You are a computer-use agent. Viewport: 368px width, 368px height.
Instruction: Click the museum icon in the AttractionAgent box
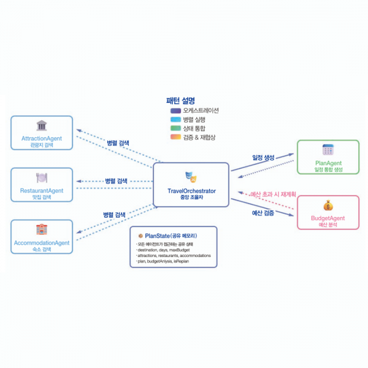pos(42,126)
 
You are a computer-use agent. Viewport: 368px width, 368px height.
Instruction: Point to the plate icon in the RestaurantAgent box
pos(42,177)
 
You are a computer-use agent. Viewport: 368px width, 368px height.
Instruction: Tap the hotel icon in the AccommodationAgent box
pos(42,230)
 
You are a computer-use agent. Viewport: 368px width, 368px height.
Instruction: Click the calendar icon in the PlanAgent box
pos(328,149)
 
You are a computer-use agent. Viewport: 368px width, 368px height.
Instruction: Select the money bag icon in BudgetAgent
pos(328,206)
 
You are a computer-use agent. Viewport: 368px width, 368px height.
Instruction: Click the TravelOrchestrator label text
pos(191,191)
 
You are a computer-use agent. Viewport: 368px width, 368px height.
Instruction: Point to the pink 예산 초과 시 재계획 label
pos(273,195)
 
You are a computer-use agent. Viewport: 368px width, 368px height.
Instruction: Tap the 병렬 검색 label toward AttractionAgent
pos(118,143)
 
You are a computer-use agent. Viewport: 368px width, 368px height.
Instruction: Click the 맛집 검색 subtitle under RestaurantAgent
pos(42,196)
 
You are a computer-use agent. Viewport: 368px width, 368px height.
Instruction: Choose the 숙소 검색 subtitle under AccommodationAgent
pos(42,250)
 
